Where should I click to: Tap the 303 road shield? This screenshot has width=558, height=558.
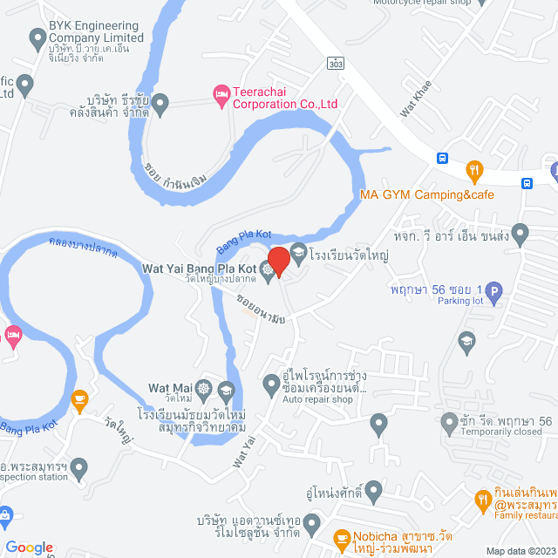pos(336,64)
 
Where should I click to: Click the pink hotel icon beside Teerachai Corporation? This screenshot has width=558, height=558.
pos(221,93)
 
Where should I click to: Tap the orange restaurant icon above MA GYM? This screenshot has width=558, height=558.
pos(474,169)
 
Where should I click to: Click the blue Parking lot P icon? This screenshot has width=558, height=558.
pos(493,294)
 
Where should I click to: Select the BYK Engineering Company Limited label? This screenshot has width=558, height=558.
pos(95,31)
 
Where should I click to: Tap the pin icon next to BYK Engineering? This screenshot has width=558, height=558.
pos(37,38)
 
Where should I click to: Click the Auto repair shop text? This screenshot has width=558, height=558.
pos(316,400)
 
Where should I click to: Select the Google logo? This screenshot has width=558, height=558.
pos(30,547)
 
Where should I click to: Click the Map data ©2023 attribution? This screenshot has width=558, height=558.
pos(520,551)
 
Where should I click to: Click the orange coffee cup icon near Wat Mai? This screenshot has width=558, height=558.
pos(80,401)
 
